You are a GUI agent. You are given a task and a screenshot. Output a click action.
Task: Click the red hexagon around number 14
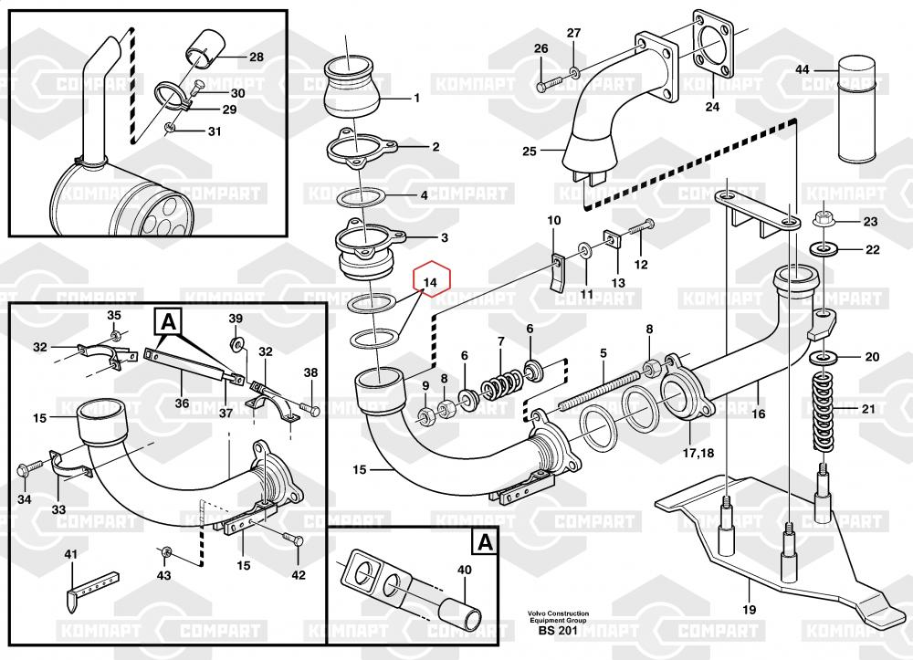point(429,282)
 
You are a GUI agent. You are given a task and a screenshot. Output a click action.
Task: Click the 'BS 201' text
point(557,632)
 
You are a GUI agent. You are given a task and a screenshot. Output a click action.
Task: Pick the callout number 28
point(256,57)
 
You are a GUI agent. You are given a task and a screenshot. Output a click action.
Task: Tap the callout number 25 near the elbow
point(530,151)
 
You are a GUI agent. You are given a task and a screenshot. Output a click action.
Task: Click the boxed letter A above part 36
point(167,321)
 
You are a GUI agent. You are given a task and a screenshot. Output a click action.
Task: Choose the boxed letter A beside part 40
point(484,543)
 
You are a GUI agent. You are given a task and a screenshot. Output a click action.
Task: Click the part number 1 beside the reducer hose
point(416,98)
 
